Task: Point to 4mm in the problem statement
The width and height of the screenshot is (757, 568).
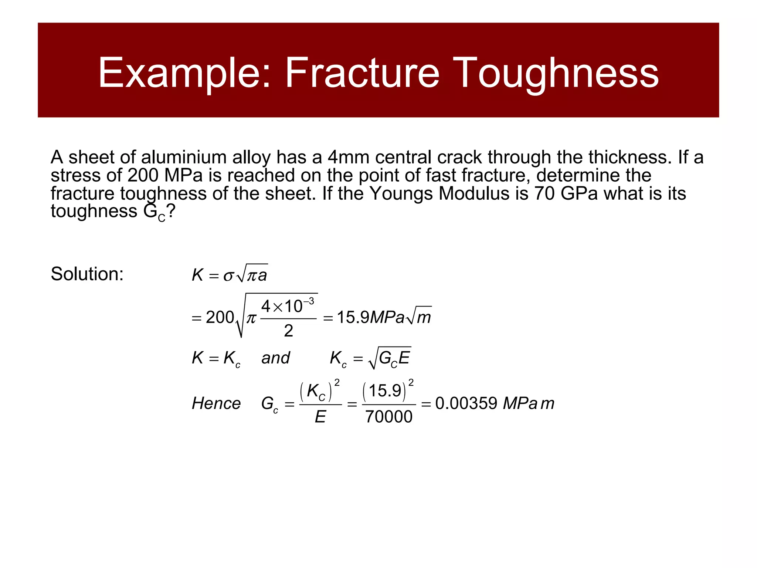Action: pyautogui.click(x=349, y=158)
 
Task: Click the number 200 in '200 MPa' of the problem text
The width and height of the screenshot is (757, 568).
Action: pyautogui.click(x=143, y=175)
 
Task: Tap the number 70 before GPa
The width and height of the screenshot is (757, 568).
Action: pyautogui.click(x=544, y=193)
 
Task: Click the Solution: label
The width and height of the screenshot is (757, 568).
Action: pyautogui.click(x=87, y=274)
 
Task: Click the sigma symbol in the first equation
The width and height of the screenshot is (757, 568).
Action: pyautogui.click(x=228, y=276)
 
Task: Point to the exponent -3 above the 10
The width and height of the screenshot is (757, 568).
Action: pyautogui.click(x=309, y=301)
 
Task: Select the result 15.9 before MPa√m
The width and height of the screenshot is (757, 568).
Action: pyautogui.click(x=353, y=317)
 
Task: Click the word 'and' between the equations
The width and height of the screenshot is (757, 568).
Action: pyautogui.click(x=275, y=358)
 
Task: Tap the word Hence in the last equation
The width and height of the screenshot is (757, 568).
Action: pyautogui.click(x=216, y=403)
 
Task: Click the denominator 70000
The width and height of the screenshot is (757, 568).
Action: pyautogui.click(x=388, y=417)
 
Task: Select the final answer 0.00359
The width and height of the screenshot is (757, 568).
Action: pyautogui.click(x=466, y=403)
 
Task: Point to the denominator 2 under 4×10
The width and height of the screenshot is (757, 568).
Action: pyautogui.click(x=288, y=331)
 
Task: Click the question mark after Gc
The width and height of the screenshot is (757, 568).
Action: pyautogui.click(x=170, y=212)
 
